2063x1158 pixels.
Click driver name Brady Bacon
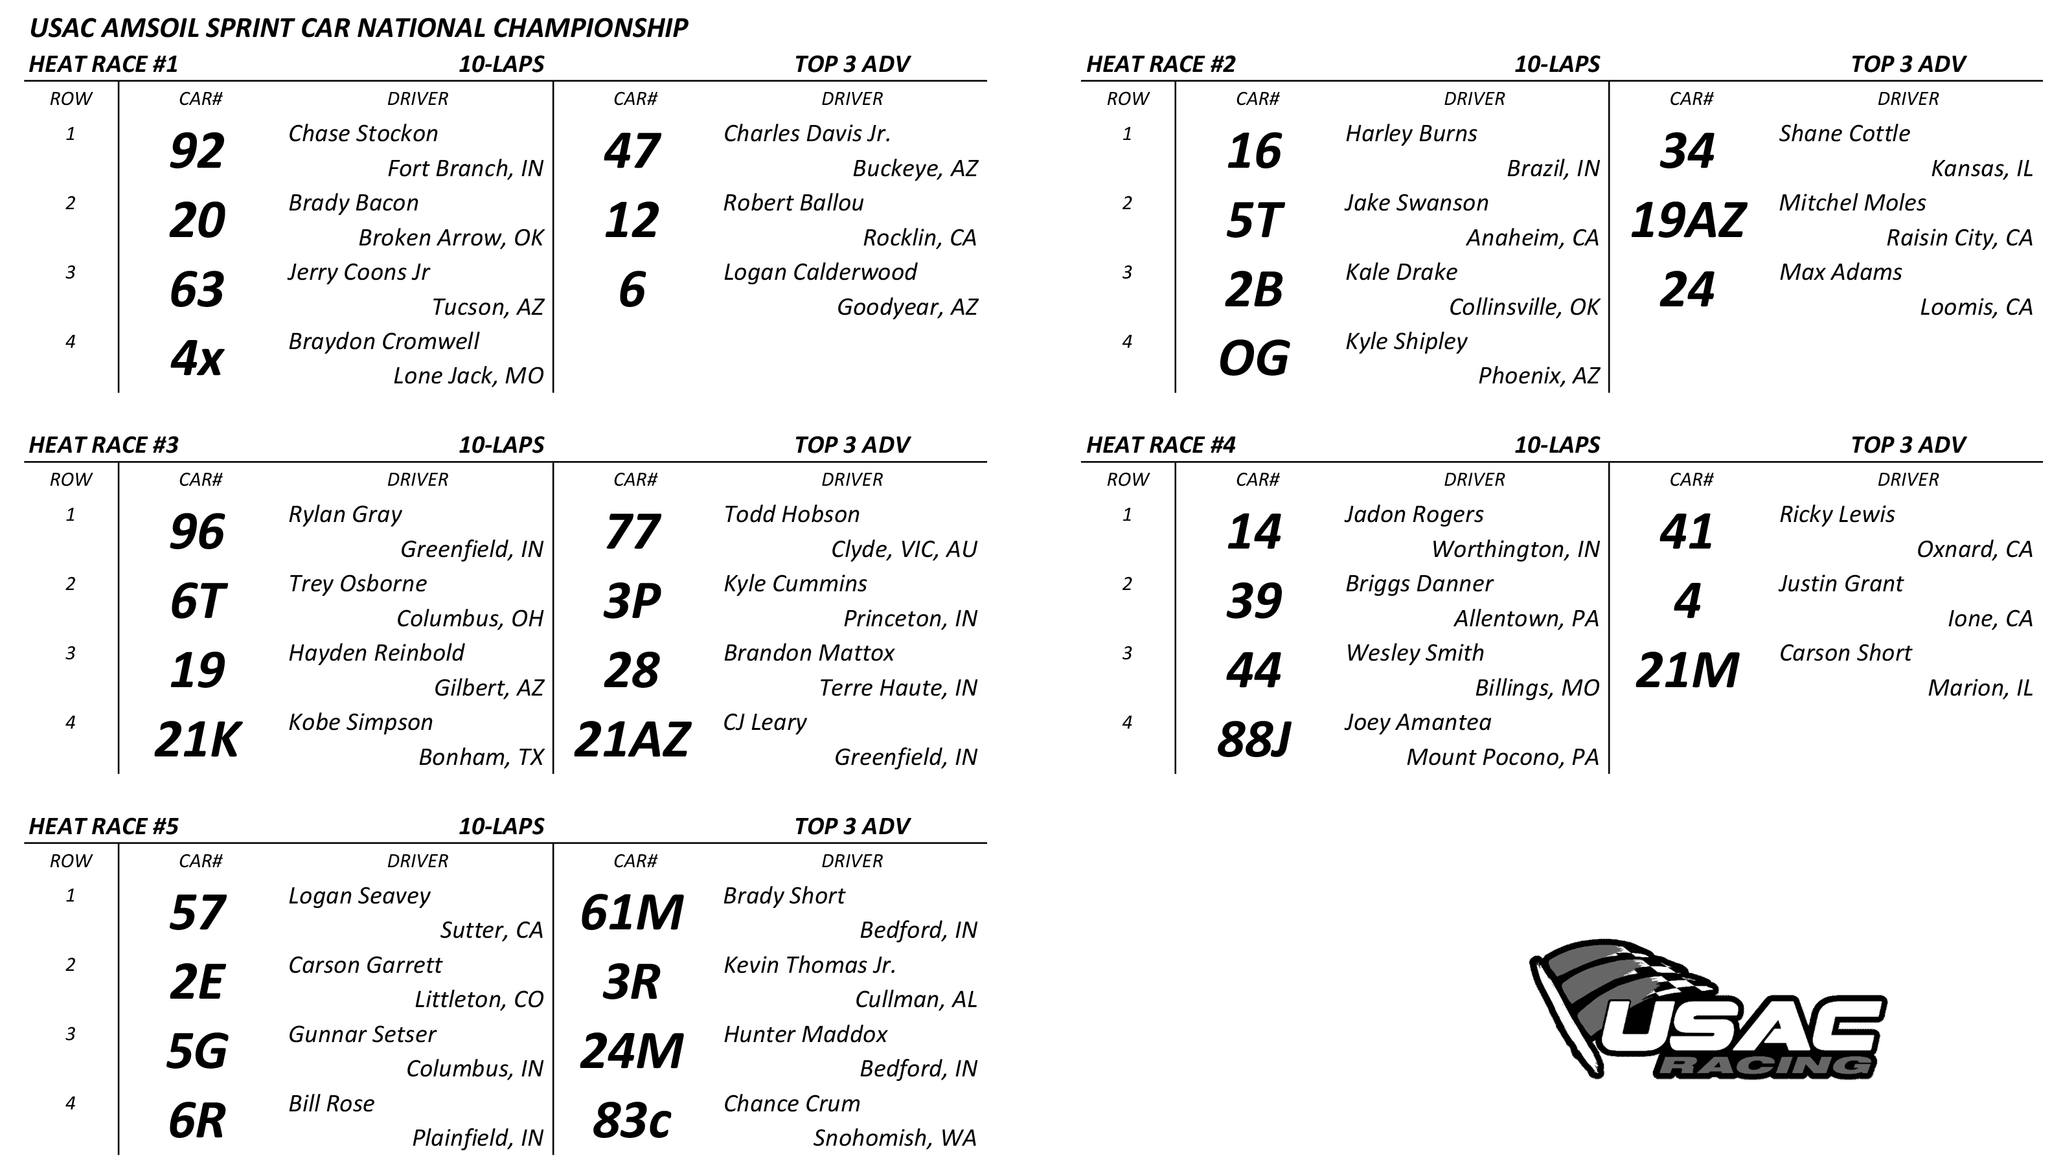[x=353, y=203]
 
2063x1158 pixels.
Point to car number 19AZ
[x=1687, y=220]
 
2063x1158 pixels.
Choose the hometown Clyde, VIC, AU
[x=904, y=549]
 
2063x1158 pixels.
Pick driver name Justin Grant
[x=1840, y=584]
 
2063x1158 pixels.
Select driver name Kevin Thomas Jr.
[x=809, y=965]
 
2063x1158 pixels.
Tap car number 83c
[x=631, y=1120]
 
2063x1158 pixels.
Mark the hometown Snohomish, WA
[x=895, y=1138]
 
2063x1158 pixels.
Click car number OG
[x=1253, y=358]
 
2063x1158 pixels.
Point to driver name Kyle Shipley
[x=1406, y=341]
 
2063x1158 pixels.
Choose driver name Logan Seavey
[x=359, y=895]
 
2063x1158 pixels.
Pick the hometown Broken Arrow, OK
[x=450, y=238]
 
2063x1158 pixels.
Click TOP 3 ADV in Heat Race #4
[x=1908, y=446]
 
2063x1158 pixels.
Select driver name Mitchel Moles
[x=1852, y=203]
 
